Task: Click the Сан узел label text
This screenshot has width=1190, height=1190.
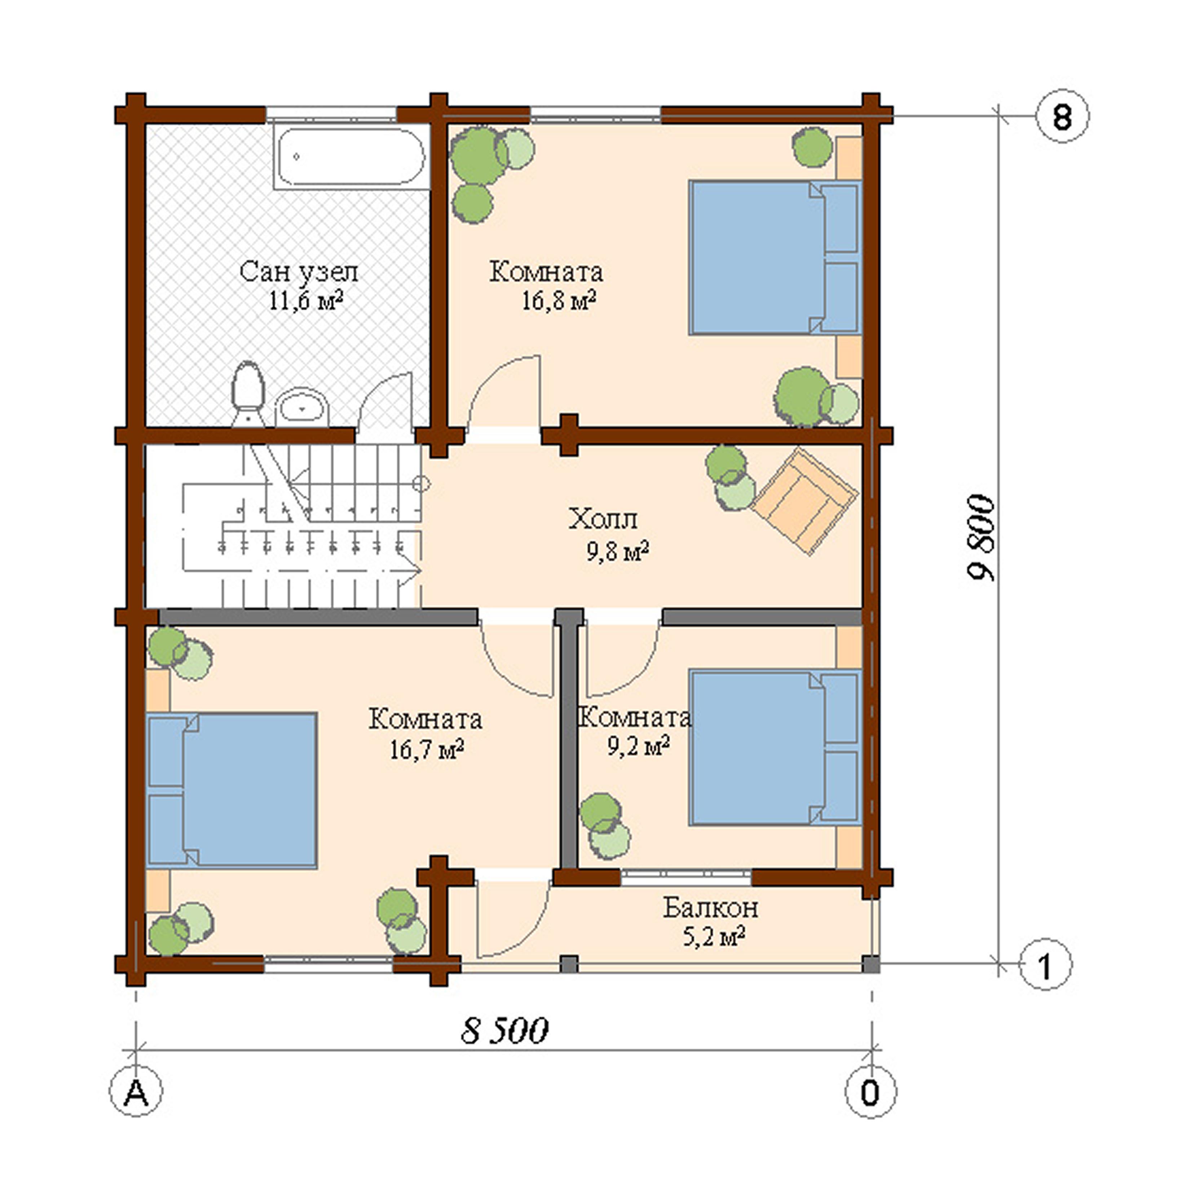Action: coord(298,272)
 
